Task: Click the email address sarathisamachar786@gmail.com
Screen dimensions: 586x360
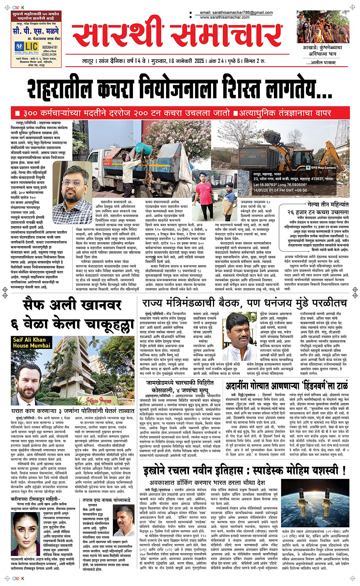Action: [236, 13]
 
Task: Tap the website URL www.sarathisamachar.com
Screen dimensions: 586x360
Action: [225, 17]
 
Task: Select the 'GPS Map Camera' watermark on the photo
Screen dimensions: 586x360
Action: [321, 167]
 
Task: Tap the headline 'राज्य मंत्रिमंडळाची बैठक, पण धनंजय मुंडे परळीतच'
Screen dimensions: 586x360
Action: [244, 303]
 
